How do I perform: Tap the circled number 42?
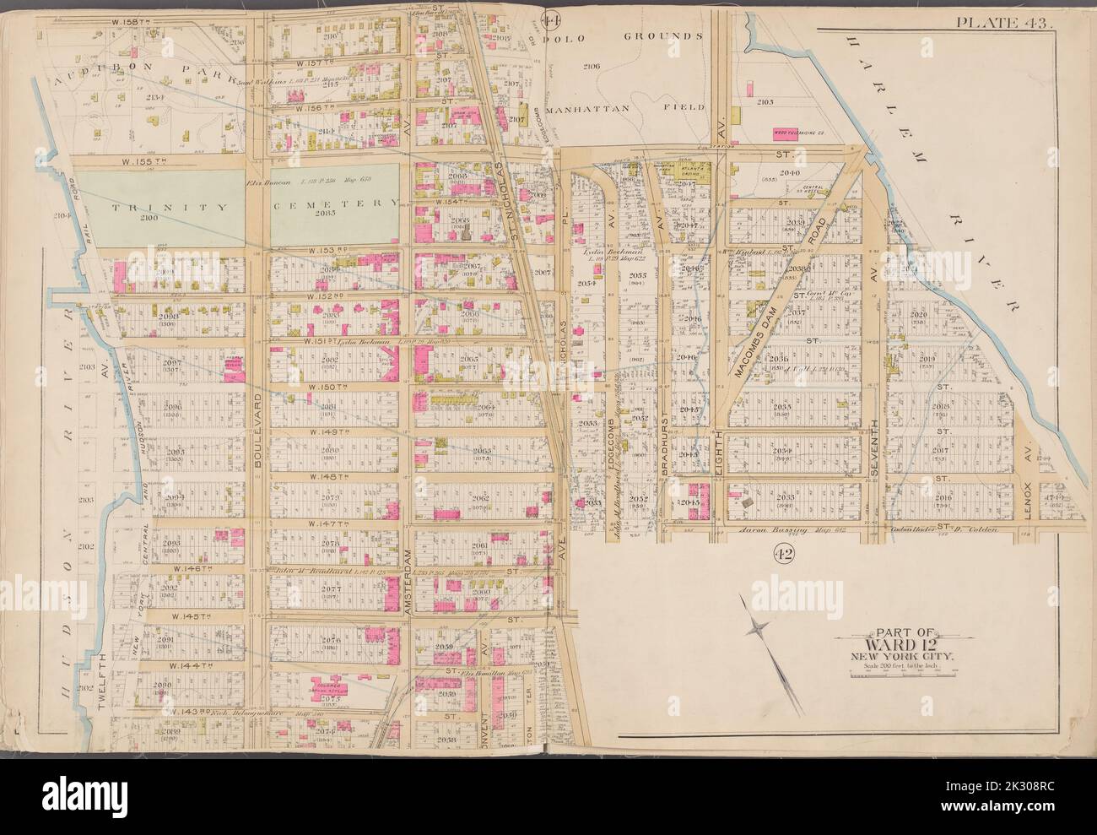tap(780, 553)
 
